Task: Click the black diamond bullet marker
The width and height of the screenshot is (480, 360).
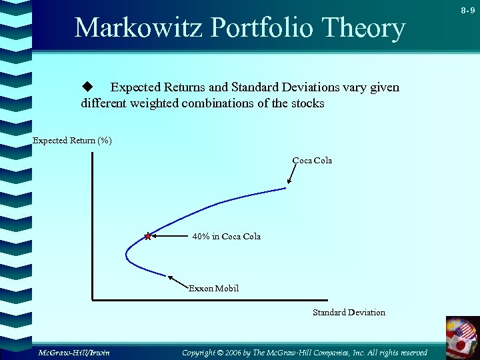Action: tap(85, 87)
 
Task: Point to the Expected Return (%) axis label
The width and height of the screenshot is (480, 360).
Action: tap(73, 141)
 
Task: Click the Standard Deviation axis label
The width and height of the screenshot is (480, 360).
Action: tap(349, 313)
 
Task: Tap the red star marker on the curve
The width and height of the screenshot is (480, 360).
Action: tap(147, 236)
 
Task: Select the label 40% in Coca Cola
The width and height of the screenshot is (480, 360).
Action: tap(226, 237)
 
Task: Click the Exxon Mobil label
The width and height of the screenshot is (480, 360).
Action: tap(213, 289)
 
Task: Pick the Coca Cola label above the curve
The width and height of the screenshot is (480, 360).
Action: tap(312, 161)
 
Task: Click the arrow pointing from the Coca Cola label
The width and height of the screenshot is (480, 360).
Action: tap(292, 175)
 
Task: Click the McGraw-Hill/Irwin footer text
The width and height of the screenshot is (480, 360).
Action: tap(73, 352)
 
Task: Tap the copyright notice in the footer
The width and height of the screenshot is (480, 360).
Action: tap(305, 352)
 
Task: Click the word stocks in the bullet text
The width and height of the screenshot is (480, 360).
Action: tap(306, 104)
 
